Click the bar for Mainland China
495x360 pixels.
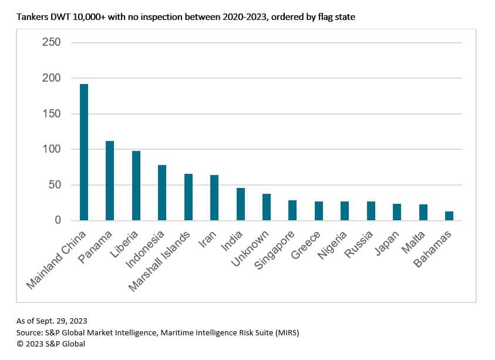pos(84,152)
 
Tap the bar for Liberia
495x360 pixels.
pos(136,186)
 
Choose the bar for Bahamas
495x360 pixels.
pos(449,216)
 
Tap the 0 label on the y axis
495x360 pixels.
pos(58,220)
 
